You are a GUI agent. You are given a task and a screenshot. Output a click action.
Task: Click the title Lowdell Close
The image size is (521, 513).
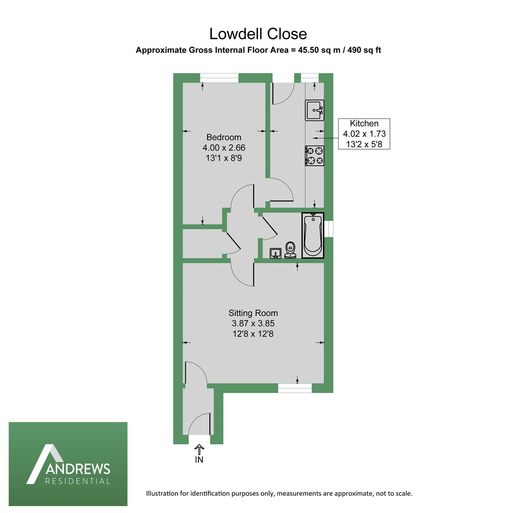point(258,34)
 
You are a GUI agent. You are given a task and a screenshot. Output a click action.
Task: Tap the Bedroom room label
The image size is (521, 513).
point(224,137)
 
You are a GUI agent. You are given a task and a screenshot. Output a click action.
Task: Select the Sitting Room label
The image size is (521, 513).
point(253,313)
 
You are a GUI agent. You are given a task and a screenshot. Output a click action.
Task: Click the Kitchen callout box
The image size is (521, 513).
point(364,134)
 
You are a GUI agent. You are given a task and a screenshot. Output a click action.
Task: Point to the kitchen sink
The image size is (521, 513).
point(314,110)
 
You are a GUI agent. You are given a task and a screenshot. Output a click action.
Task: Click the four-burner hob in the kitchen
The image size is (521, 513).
point(315,156)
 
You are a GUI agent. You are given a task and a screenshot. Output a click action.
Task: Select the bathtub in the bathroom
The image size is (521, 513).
point(313,236)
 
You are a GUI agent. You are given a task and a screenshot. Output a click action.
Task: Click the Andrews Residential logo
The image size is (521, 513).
point(68,464)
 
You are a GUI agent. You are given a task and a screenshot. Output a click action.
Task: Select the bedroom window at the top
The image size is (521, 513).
point(219,78)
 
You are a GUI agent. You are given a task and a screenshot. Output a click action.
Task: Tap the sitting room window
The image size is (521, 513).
point(295,388)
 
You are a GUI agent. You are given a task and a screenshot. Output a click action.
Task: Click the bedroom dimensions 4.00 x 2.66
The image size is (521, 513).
point(224,148)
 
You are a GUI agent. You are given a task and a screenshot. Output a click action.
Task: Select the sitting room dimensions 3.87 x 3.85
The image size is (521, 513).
point(253,323)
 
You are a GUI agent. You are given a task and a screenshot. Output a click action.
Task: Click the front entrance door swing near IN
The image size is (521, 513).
point(201,423)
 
